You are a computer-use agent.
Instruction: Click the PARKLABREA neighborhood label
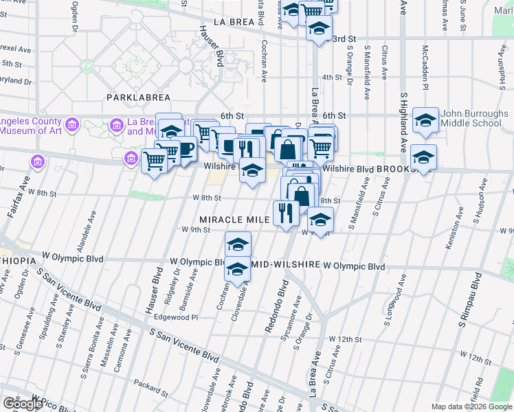tap(133, 98)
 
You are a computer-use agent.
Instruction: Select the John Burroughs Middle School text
tap(471, 119)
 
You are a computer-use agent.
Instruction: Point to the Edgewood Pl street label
tap(175, 317)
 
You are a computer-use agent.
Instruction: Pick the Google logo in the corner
tap(23, 404)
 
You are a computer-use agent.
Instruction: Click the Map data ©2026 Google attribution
tap(471, 407)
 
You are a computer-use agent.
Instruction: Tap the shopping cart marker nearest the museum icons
tap(155, 161)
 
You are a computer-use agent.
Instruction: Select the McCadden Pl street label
tap(425, 69)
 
